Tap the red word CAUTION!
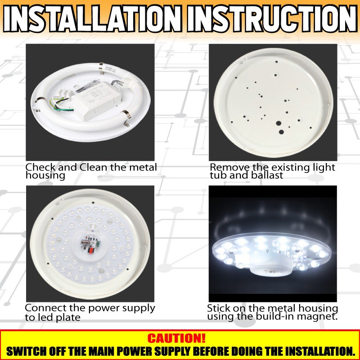176,338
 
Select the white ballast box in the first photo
96,99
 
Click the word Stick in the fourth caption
219,308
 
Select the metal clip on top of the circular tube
101,68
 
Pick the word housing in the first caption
45,176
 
